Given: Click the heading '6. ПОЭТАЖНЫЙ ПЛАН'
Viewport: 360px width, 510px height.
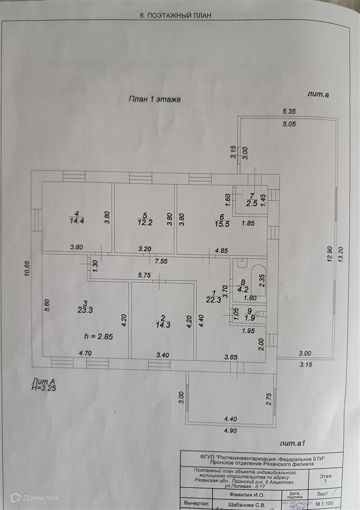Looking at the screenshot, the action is (x=175, y=15).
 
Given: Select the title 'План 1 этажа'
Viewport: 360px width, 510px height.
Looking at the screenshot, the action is (x=154, y=99).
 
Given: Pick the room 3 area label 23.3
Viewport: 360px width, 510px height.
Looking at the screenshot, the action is (x=85, y=310).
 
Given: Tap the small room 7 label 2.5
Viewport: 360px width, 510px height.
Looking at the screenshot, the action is (x=252, y=203).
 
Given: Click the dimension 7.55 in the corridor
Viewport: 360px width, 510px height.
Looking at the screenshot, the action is (x=161, y=261).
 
